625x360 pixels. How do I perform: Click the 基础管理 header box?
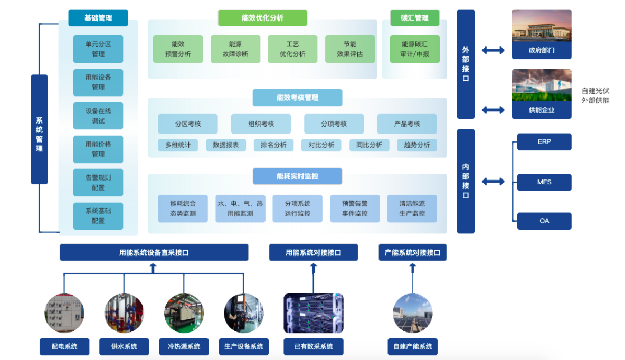point(98,18)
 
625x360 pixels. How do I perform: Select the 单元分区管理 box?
point(98,49)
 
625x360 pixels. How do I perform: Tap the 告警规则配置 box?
point(98,183)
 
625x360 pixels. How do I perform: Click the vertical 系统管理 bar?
point(39,129)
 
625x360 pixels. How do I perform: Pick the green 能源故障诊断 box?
point(235,49)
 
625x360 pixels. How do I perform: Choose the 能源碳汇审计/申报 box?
point(415,49)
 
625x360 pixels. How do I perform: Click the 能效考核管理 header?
point(297,98)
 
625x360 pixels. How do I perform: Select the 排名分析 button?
point(274,145)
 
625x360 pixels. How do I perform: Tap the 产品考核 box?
point(407,124)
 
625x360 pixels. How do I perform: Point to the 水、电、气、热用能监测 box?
point(240,209)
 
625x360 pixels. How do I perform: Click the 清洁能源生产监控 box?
point(412,209)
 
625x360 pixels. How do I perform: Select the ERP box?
point(544,142)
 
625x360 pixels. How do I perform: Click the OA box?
point(544,221)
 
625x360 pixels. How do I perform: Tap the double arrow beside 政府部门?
point(493,51)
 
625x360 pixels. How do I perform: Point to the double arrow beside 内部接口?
point(493,182)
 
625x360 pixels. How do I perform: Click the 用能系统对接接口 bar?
point(314,253)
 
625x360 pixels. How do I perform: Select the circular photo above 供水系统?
point(124,313)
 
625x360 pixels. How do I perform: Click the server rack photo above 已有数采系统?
point(314,313)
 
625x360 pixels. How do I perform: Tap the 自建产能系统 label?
point(413,347)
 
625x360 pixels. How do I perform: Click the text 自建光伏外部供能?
point(595,96)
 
